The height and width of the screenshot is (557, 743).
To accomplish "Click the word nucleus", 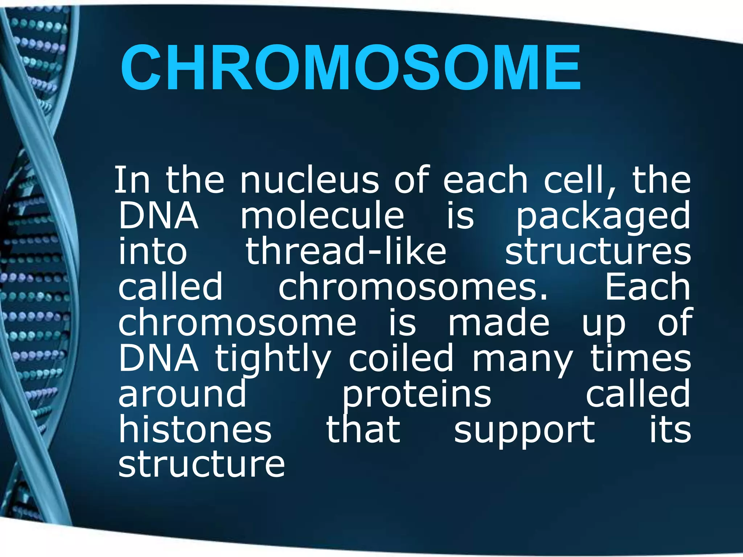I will pyautogui.click(x=309, y=180).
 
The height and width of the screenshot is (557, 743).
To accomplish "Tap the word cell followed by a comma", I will pyautogui.click(x=579, y=180).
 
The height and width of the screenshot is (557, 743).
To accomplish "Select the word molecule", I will pyautogui.click(x=322, y=216).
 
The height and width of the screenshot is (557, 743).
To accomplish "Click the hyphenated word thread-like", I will pyautogui.click(x=346, y=251).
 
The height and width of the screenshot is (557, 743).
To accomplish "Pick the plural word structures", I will pyautogui.click(x=598, y=251).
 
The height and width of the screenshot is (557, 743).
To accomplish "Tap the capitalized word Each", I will pyautogui.click(x=647, y=287).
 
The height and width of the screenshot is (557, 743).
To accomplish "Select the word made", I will pyautogui.click(x=499, y=322).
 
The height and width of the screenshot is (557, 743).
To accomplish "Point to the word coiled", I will pyautogui.click(x=401, y=358).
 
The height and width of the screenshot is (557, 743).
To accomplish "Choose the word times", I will pyautogui.click(x=641, y=358).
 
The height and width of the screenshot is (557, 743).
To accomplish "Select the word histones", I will pyautogui.click(x=195, y=429).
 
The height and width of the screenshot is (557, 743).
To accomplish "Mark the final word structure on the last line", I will pyautogui.click(x=202, y=464).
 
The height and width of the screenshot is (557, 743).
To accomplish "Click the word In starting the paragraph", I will pyautogui.click(x=132, y=180).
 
